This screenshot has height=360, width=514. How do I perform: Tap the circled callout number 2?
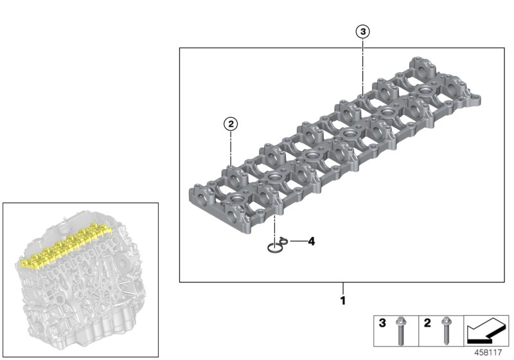coord(230,123)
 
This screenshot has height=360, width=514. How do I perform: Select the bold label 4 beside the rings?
coord(312,242)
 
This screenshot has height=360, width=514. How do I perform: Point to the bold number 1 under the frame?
coord(342,300)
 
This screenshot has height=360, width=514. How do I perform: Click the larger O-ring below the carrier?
coord(275,248)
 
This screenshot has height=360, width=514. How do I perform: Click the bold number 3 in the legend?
coord(382,323)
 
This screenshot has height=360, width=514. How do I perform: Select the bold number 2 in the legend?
coord(427,323)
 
